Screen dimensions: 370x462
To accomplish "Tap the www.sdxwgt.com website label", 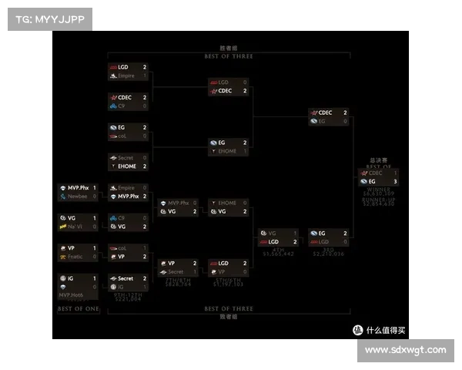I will [x=405, y=350].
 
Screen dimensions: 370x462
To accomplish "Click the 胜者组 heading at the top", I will [x=229, y=48].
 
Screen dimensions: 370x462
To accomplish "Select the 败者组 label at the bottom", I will [x=229, y=316].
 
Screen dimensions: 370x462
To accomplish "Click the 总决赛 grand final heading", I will [x=378, y=160].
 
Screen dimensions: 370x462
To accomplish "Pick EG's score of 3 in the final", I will [x=396, y=182].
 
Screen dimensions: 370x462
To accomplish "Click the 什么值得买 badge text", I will [x=386, y=330].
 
